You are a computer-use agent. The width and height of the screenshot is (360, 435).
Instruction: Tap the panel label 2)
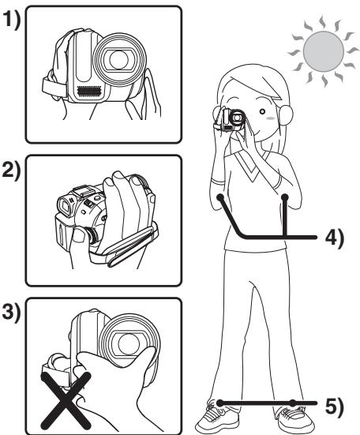coord(12,171)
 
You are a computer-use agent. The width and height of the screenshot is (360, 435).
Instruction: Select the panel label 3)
coord(12,313)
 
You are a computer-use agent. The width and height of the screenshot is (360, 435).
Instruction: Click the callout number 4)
coord(334,238)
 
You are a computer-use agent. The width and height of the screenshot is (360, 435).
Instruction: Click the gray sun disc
coord(324,51)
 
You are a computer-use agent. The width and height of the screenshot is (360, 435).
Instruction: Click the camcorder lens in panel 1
coord(119,59)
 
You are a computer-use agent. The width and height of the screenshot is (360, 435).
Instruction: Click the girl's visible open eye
coord(262,111)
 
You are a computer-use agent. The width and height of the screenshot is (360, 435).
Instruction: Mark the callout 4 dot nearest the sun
coord(285,197)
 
